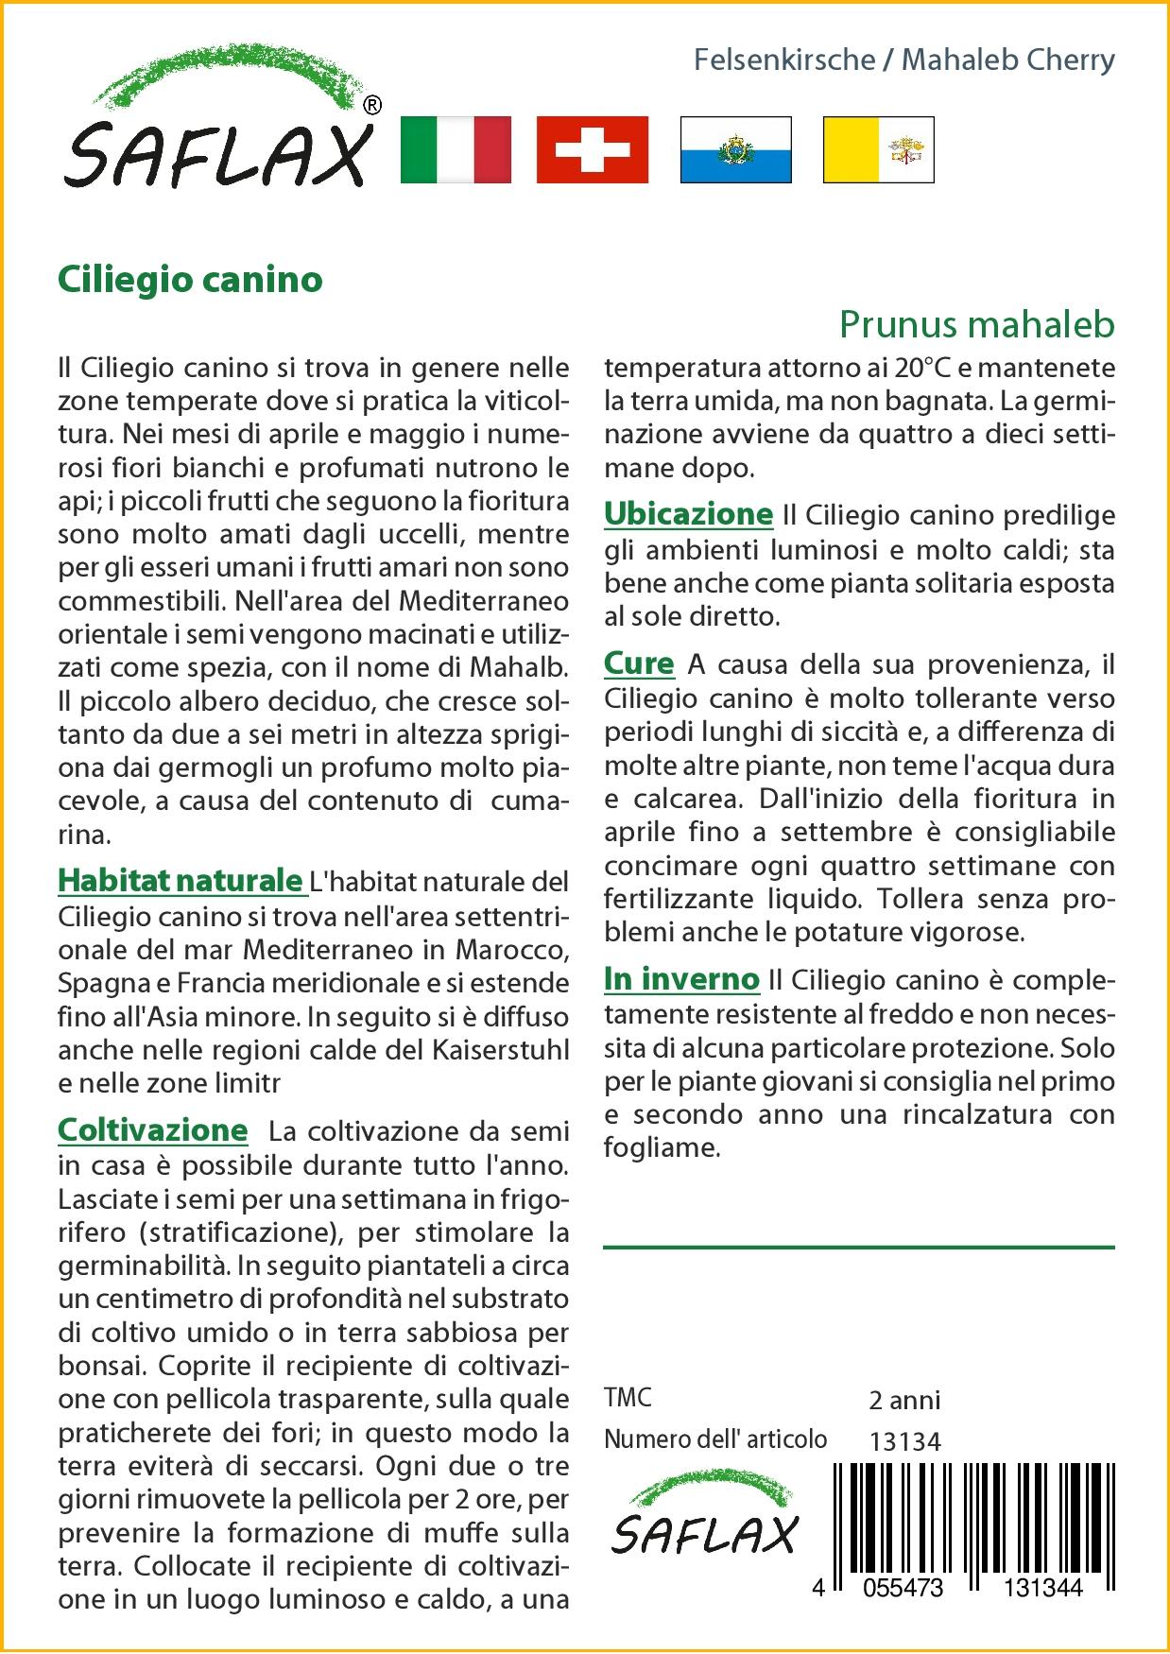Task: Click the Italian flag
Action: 456,149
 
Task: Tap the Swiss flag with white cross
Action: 593,149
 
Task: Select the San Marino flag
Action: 735,149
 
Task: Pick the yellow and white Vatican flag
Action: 878,149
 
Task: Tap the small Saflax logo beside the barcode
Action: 705,1520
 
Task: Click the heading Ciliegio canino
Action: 190,280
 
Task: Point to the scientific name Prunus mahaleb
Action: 976,325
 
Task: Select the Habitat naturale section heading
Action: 180,881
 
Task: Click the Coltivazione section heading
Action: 152,1130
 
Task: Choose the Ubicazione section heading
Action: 688,515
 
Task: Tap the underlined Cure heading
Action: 639,664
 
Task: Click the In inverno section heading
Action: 681,980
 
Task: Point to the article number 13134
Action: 904,1441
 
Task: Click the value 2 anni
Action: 904,1400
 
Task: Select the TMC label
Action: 628,1398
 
